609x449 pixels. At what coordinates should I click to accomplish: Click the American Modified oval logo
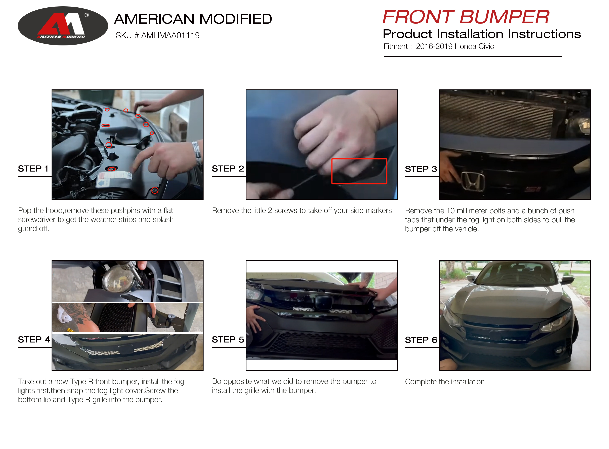63,26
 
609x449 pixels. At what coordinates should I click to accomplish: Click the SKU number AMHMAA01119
170,35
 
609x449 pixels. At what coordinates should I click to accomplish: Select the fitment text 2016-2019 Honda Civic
455,47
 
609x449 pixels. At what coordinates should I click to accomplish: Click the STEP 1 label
33,169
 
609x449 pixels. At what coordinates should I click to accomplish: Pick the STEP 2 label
228,169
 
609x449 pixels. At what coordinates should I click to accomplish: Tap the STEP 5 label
228,339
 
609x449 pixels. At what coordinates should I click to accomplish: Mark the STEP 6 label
421,340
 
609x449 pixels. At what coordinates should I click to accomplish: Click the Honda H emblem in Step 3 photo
473,181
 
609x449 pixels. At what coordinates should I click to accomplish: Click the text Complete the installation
445,382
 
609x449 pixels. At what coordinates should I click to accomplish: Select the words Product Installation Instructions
482,34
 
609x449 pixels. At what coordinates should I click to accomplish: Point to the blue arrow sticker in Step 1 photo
102,183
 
